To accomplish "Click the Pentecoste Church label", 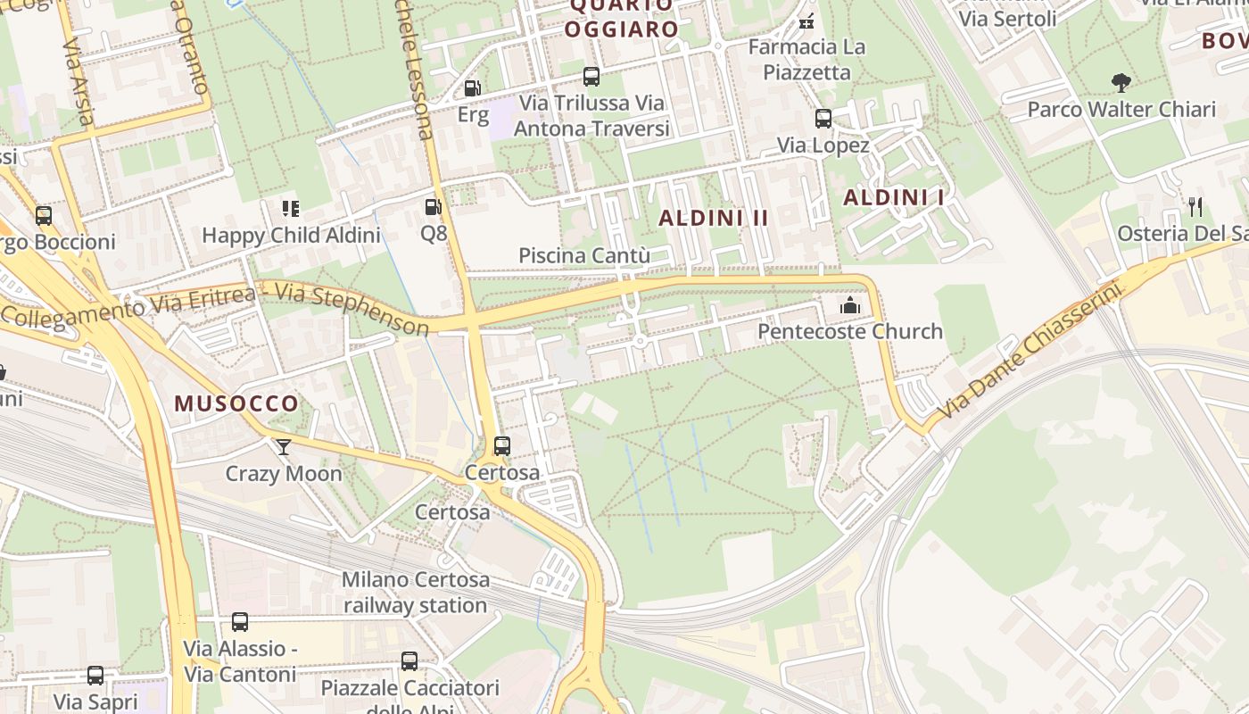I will click(849, 331).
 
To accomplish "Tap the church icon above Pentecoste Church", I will click(849, 306).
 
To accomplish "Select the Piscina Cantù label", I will click(583, 256).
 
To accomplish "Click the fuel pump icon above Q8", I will click(433, 208).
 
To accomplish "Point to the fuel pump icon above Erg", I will click(472, 88).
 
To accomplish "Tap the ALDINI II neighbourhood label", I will click(713, 218).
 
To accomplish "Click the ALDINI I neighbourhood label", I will click(893, 197).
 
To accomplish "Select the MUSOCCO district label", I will click(236, 403).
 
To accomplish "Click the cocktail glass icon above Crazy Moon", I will click(284, 447).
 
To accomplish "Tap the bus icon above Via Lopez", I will click(823, 119).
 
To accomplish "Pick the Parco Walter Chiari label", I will click(1121, 110).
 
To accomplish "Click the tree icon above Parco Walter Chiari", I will click(1121, 84).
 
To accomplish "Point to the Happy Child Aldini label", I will click(291, 236).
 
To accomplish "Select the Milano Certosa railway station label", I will click(416, 592).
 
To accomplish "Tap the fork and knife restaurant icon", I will click(1195, 207).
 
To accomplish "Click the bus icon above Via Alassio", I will click(239, 622).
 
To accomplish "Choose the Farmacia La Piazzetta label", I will click(806, 59).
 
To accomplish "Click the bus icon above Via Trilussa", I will click(591, 77).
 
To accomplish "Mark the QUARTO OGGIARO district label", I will click(622, 18).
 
